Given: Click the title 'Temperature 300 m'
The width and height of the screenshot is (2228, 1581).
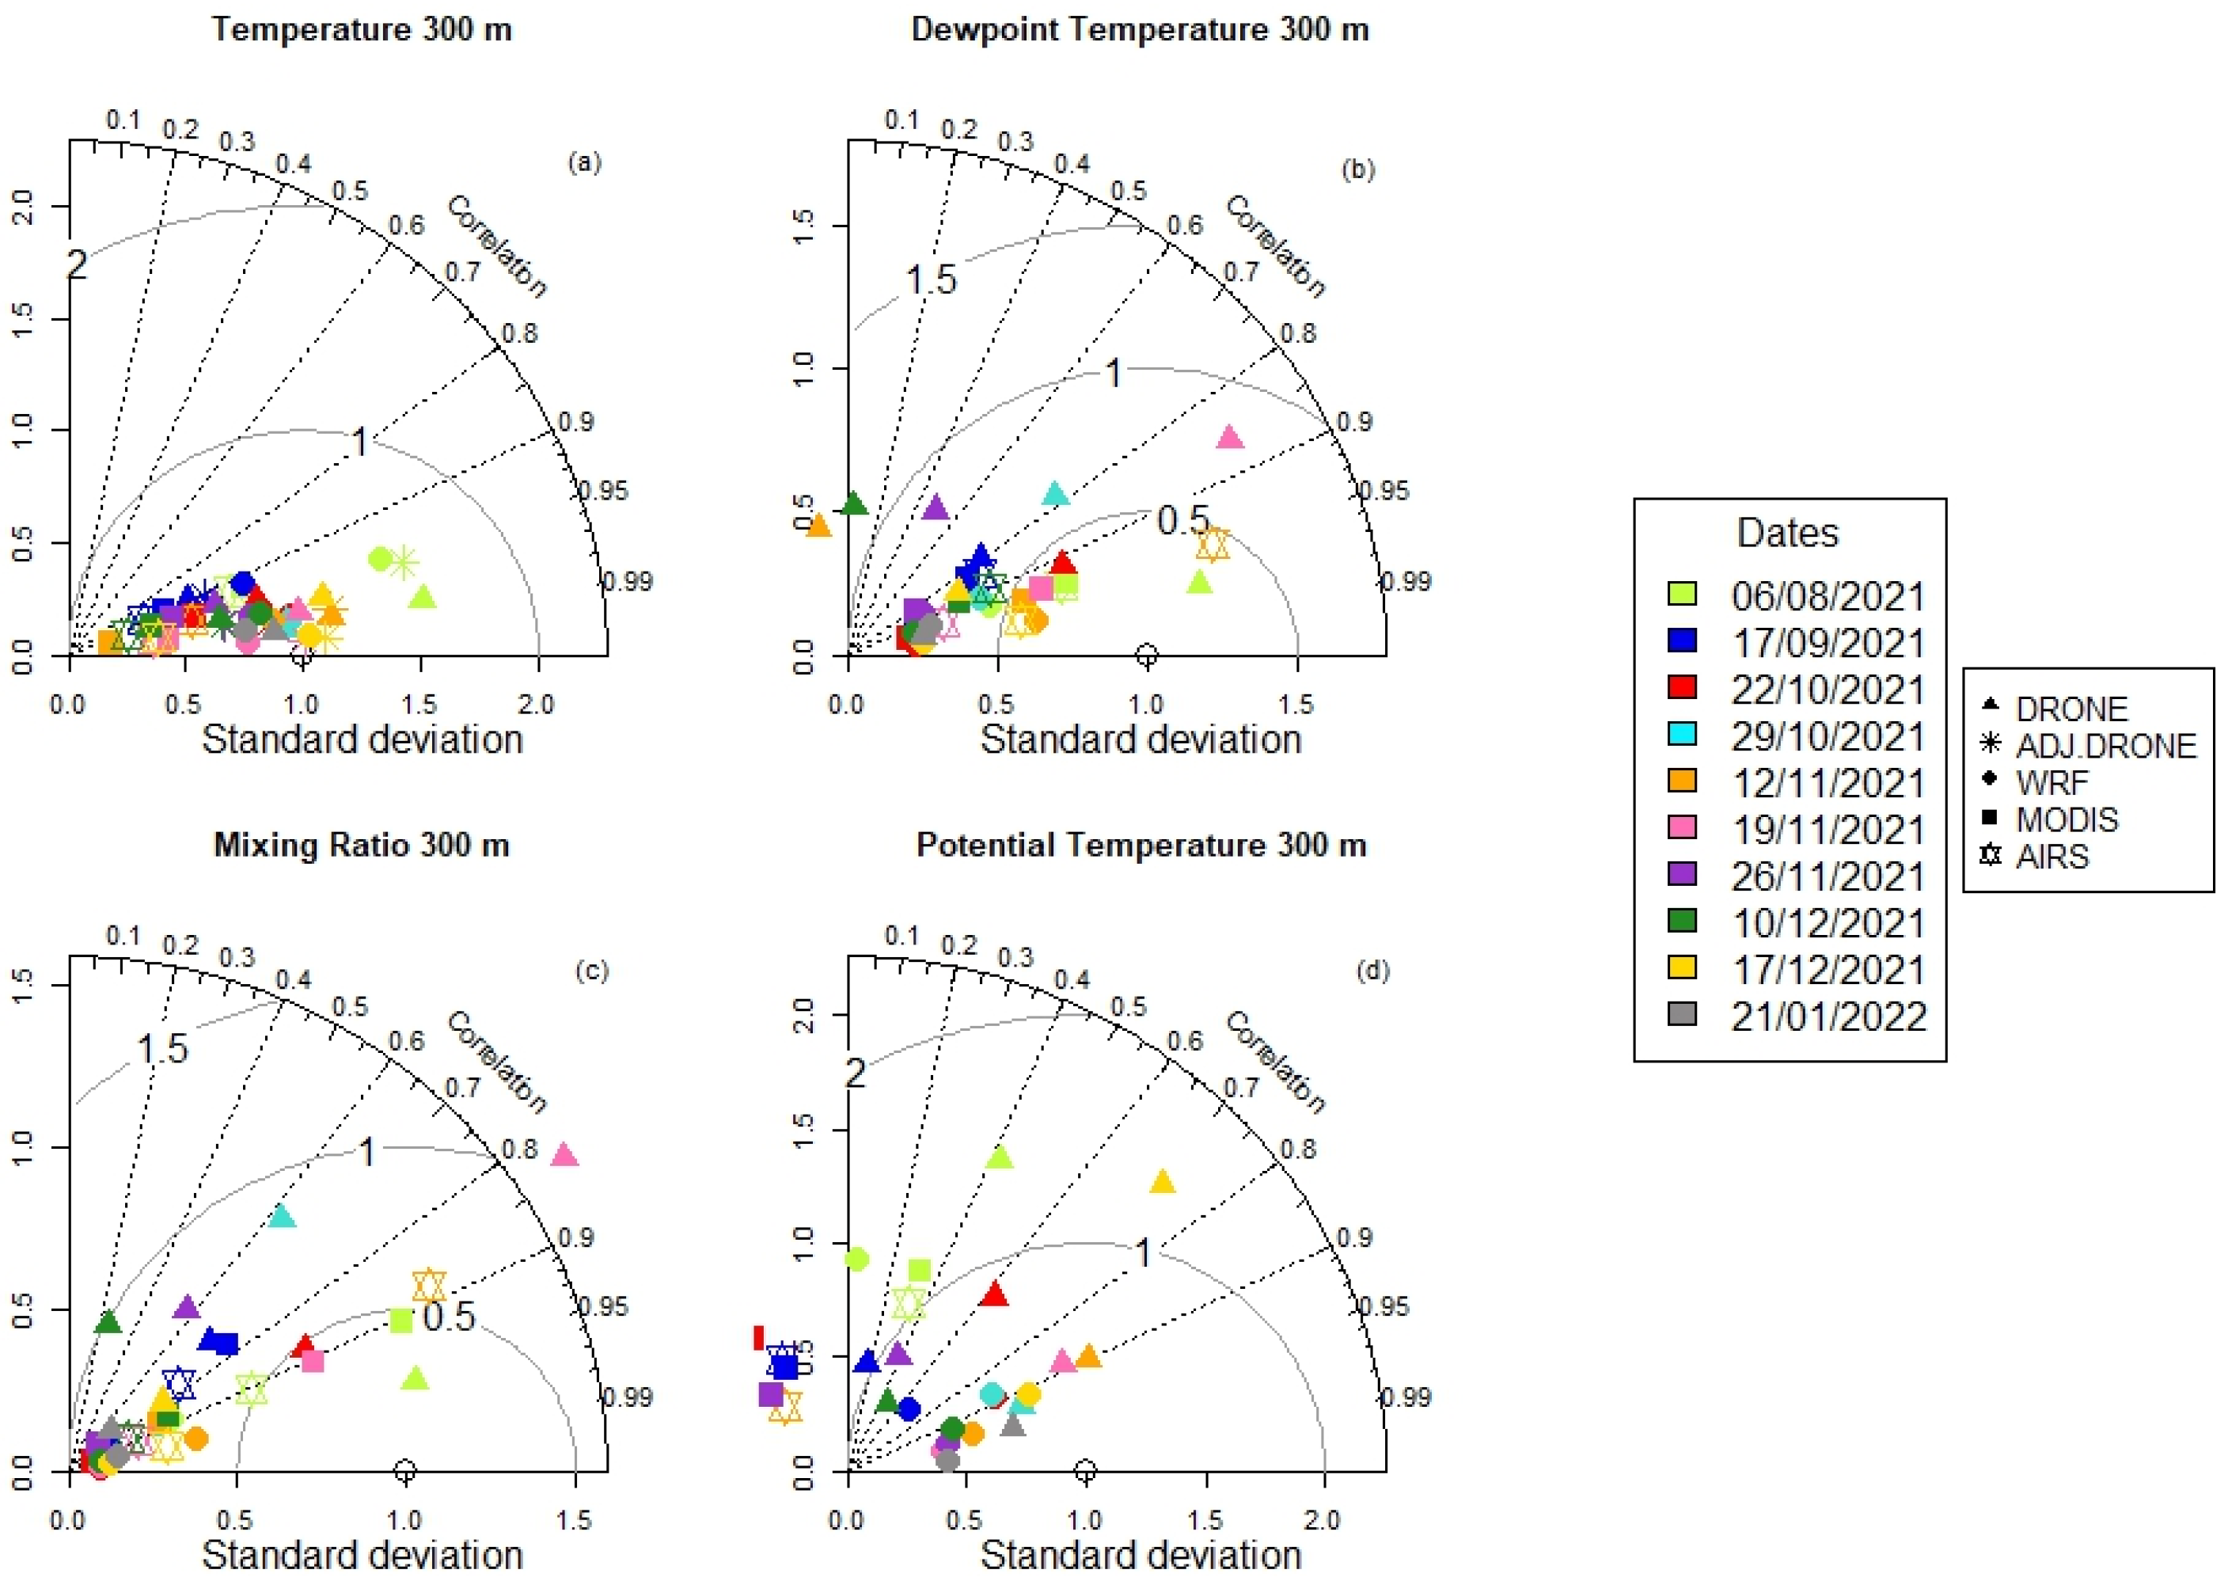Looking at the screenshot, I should [x=361, y=29].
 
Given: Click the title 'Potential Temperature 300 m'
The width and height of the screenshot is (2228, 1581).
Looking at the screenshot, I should [x=1141, y=845].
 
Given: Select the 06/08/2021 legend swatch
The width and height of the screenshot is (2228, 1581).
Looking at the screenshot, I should [x=1682, y=594].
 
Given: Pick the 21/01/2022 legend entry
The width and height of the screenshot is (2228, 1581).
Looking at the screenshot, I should [x=1828, y=1017].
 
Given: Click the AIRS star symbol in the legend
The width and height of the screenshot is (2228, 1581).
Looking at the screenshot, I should [x=1991, y=856].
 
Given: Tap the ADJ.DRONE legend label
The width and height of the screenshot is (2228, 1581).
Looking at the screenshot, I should [x=2105, y=747].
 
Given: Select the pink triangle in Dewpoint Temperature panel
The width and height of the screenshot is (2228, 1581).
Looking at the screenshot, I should [x=1230, y=437].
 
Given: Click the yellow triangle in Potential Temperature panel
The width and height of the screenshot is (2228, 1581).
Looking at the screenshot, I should [x=1162, y=1182].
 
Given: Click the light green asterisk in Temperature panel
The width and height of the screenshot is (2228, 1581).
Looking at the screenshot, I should [x=403, y=562].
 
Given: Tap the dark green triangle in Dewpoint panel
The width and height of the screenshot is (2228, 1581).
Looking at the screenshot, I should [x=854, y=504].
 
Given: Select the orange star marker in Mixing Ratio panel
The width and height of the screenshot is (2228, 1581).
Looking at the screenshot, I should [x=429, y=1285].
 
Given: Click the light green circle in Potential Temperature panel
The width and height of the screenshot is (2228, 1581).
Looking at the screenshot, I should [x=856, y=1260].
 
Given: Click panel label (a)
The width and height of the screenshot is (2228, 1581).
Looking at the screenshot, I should [x=584, y=162].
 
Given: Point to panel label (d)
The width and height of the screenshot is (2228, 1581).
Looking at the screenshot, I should [x=1372, y=971].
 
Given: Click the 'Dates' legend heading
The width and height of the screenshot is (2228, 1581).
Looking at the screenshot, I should [x=1787, y=534].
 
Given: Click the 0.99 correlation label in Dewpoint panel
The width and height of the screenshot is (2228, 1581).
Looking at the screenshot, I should [x=1407, y=581].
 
